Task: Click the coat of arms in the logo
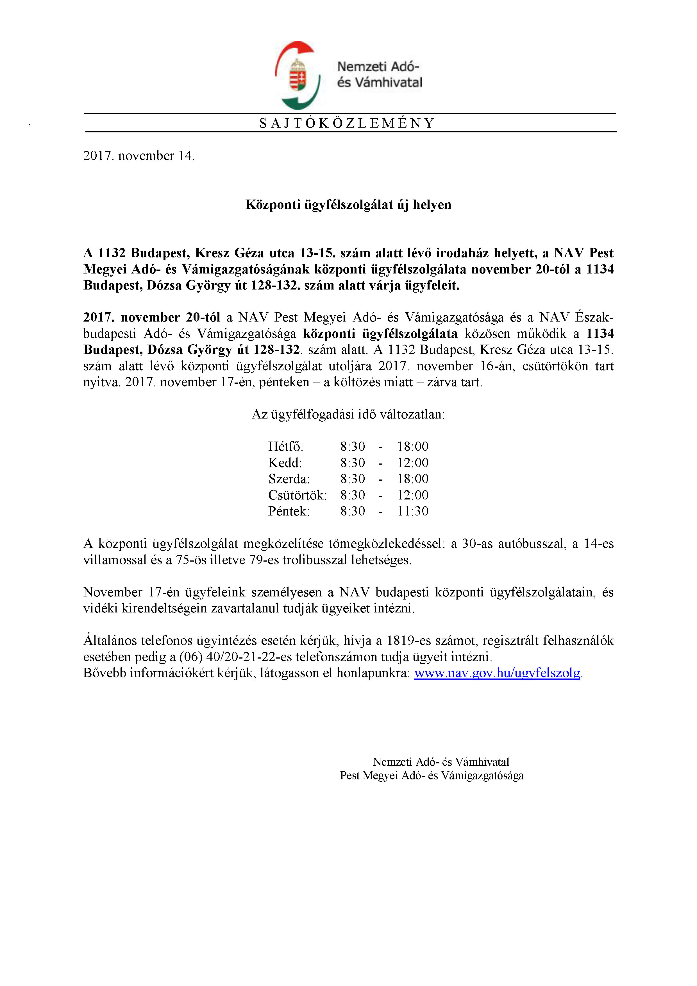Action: [x=298, y=75]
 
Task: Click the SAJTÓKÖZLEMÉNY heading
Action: [x=347, y=123]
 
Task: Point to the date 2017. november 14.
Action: [x=139, y=155]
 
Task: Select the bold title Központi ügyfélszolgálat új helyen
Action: [x=348, y=204]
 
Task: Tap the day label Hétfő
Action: [x=285, y=447]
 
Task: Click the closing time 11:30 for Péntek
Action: [x=412, y=511]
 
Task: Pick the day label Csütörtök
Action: [x=297, y=495]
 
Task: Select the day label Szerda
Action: [x=289, y=479]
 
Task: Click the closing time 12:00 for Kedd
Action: [x=412, y=463]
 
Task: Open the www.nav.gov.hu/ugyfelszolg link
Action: [x=497, y=673]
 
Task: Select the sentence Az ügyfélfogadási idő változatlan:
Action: [x=348, y=414]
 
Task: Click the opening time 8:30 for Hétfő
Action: [x=352, y=447]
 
